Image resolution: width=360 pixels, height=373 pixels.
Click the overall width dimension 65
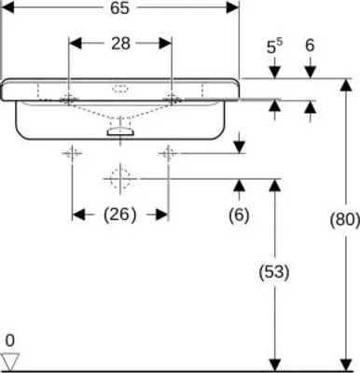coord(119,8)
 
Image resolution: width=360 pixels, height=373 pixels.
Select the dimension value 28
coord(120,44)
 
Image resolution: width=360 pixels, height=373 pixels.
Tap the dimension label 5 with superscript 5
coord(274,47)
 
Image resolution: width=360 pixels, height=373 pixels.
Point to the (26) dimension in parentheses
coord(120,214)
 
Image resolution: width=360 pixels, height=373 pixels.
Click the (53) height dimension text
coord(274,272)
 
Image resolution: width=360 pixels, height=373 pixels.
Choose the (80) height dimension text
coord(344,220)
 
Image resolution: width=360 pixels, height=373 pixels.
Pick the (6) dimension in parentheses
coord(239,215)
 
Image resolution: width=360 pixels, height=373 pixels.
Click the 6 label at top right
coord(310,46)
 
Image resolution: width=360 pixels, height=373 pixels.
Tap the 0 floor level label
coord(10,341)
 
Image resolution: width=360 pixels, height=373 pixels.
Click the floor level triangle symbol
coord(10,362)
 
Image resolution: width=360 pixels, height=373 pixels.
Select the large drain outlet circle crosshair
coord(120,179)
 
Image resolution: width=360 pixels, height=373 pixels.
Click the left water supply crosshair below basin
coord(72,153)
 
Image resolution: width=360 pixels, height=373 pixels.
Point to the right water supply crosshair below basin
coord(168,153)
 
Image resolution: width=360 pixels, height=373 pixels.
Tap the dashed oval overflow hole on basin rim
coord(120,89)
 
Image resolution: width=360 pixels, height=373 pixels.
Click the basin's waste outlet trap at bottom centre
coord(120,131)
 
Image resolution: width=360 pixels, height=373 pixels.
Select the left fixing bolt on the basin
coord(69,100)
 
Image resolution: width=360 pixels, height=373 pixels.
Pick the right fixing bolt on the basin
coord(172,100)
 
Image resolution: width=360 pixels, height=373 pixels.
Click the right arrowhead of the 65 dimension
coord(233,7)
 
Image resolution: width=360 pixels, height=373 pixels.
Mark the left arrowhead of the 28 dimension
coord(75,44)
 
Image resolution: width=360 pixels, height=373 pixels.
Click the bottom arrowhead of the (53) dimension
coord(274,365)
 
